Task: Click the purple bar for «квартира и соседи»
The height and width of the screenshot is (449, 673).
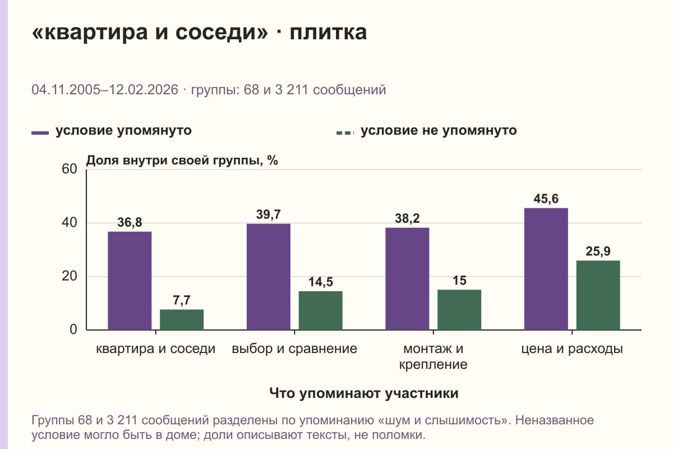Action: coord(130,281)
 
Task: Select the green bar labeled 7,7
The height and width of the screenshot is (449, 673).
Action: coord(182,320)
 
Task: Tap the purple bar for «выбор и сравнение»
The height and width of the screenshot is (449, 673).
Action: coord(268,277)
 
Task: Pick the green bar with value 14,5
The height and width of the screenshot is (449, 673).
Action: coord(320,310)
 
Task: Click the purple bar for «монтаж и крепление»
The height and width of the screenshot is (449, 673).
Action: coord(407,279)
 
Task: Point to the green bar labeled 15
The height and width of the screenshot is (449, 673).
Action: coord(459,310)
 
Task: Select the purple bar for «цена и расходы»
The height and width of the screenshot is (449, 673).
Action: coord(546,269)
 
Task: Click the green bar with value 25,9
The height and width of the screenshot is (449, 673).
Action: coord(598,295)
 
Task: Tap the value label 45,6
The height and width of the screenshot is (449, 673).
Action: coord(546,199)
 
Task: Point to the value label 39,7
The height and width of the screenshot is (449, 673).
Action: coord(268,214)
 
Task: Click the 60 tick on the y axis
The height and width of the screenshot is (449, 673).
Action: coord(70,169)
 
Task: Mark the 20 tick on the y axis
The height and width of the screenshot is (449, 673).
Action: coord(70,276)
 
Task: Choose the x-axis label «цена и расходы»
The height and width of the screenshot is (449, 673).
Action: coord(572,349)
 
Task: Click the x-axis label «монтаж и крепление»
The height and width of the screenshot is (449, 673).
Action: coord(433,356)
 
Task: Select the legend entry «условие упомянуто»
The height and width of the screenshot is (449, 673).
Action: coord(112,131)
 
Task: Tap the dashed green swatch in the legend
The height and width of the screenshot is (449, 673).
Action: coord(345,133)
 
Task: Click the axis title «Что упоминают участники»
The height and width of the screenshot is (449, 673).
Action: coord(364,393)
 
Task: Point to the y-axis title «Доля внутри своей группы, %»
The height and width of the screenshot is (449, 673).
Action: coord(182,161)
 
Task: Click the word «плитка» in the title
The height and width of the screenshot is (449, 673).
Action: coord(328,32)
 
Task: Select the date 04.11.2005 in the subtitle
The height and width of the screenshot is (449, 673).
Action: coord(66,90)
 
